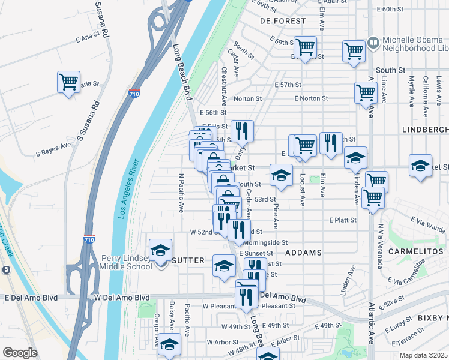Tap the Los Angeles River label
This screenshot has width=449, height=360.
[129, 188]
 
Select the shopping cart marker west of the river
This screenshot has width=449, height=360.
[69, 82]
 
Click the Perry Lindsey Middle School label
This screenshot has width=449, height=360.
[127, 262]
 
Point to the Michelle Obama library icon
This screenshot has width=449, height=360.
[373, 43]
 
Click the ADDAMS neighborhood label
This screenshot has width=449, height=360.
[304, 253]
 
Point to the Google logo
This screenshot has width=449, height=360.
[20, 353]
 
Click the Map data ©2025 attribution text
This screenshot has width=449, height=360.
[423, 355]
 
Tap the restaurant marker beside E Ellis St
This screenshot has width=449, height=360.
[242, 130]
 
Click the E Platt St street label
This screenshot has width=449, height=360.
[342, 220]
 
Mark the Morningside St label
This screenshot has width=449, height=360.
[266, 242]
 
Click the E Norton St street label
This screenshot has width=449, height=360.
[311, 98]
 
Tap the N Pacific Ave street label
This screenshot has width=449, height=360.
[181, 192]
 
